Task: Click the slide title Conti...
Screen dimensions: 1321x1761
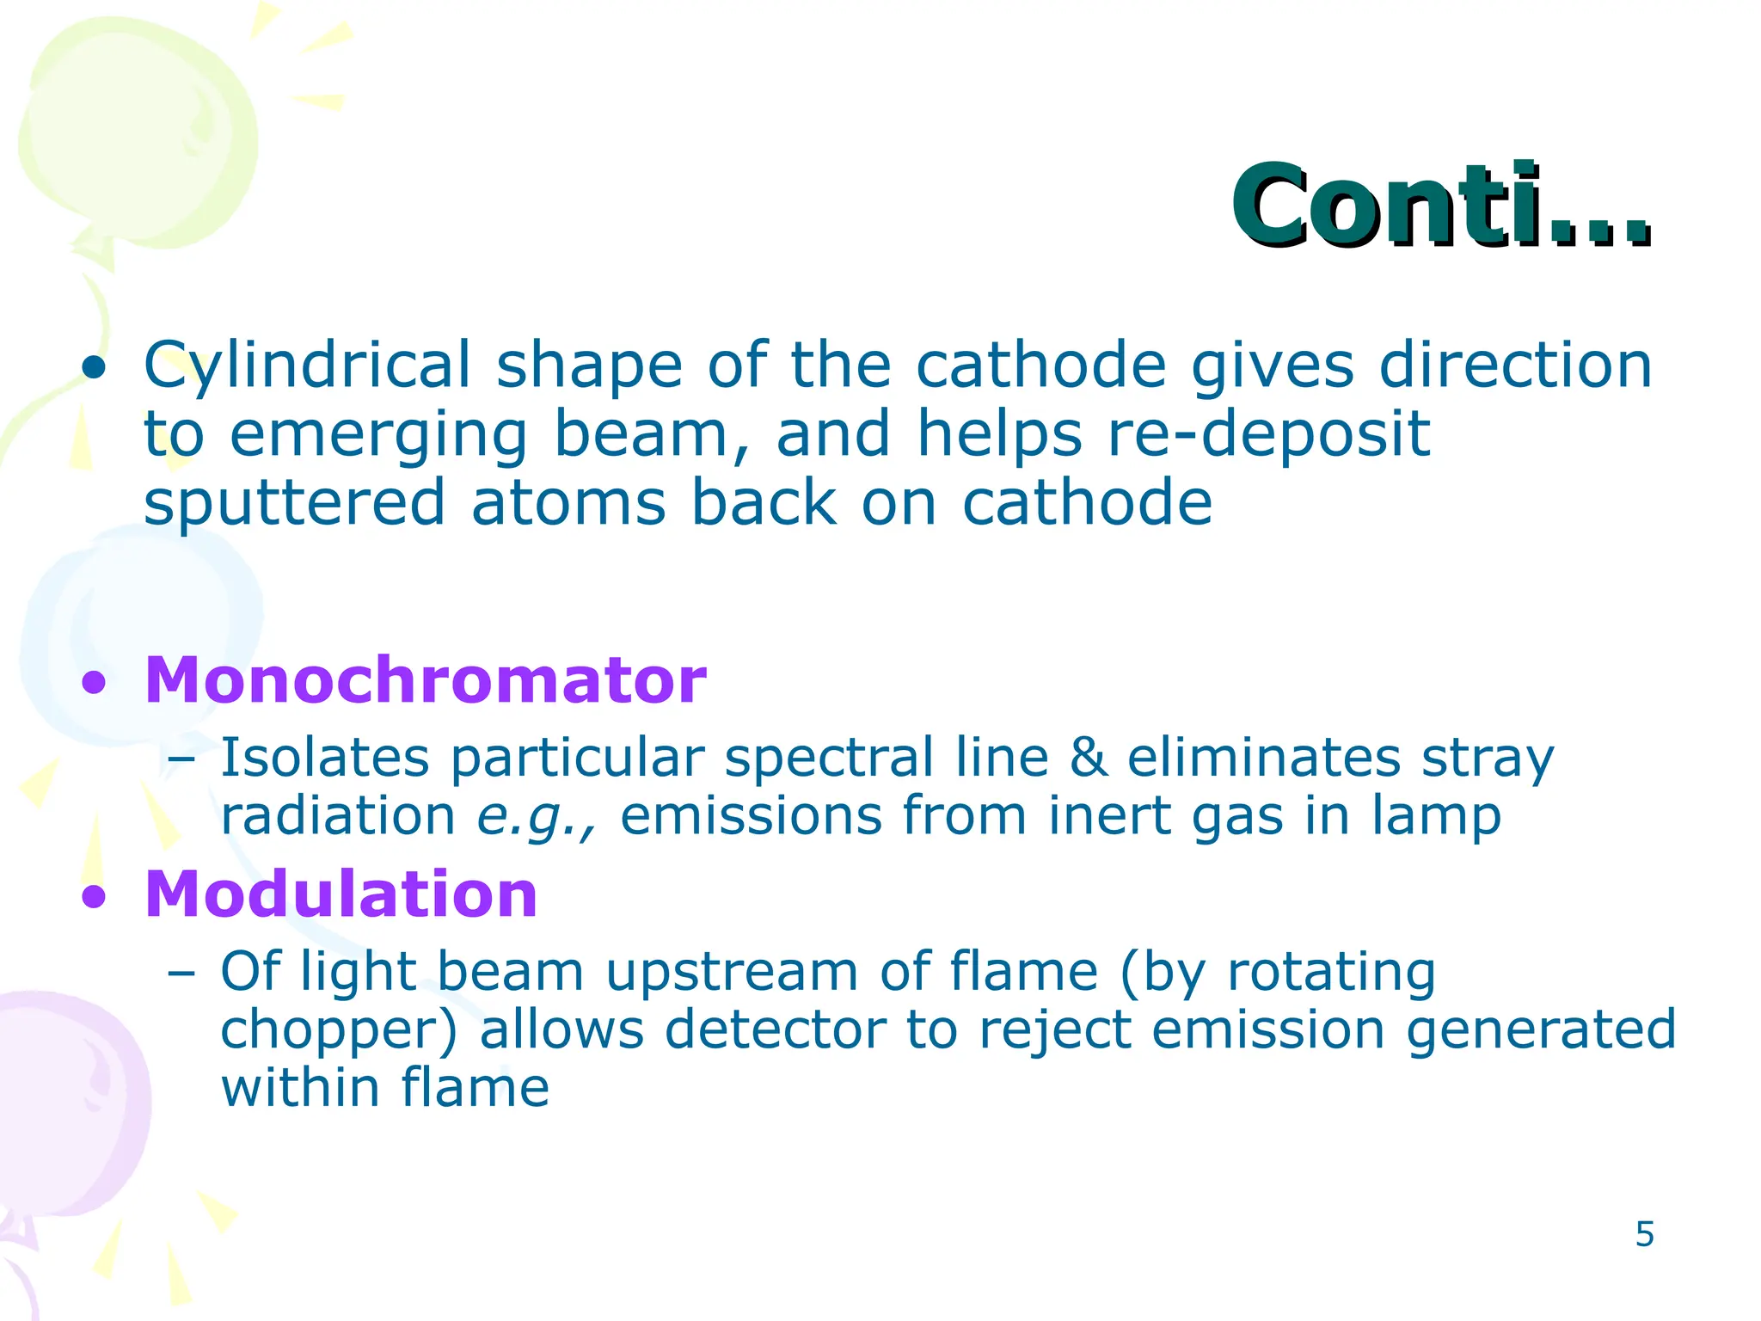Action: tap(1440, 206)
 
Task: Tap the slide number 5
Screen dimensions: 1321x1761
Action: tap(1644, 1235)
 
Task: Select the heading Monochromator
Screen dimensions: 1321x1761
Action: tap(425, 680)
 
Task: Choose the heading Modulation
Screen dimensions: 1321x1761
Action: tap(341, 894)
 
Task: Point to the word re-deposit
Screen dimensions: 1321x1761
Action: tap(1269, 433)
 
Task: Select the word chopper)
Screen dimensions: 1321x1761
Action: tap(339, 1030)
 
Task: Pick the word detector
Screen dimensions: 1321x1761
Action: tap(775, 1030)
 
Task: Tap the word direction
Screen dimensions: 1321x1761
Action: tap(1515, 366)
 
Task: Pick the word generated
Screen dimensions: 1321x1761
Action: tap(1541, 1030)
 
